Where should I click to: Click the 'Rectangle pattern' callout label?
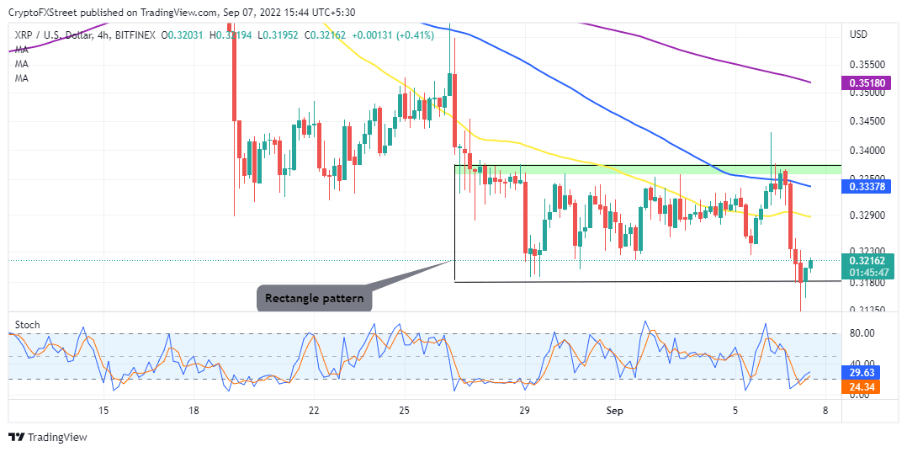click(313, 298)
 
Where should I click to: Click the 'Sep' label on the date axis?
click(614, 411)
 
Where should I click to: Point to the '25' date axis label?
click(404, 411)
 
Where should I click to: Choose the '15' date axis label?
click(103, 411)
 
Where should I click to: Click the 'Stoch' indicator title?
click(29, 325)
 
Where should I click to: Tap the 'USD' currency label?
click(859, 35)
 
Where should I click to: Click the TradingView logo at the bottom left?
click(48, 437)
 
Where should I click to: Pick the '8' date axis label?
click(825, 411)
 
